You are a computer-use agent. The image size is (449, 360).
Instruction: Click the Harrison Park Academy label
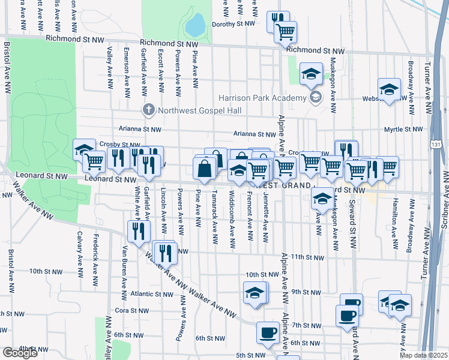pyautogui.click(x=262, y=98)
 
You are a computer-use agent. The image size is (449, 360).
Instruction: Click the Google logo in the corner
pyautogui.click(x=20, y=353)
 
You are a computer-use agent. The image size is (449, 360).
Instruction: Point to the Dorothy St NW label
pyautogui.click(x=234, y=25)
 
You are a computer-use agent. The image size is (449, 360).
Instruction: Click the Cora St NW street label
pyautogui.click(x=127, y=311)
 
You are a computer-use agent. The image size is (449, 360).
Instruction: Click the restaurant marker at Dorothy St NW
pyautogui.click(x=277, y=20)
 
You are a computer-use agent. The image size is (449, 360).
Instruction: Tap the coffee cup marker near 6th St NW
pyautogui.click(x=268, y=332)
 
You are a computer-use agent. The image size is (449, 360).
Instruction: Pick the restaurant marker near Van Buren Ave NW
pyautogui.click(x=138, y=231)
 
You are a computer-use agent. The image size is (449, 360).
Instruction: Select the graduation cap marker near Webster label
pyautogui.click(x=389, y=90)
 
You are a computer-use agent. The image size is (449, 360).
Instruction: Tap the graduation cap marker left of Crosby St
pyautogui.click(x=83, y=149)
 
